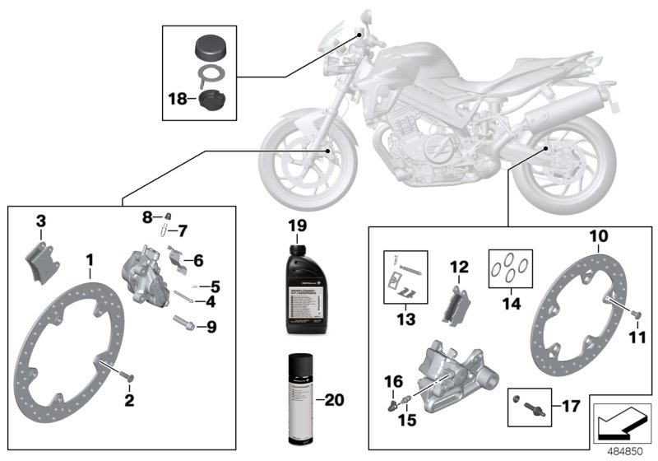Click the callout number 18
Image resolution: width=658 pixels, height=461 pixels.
click(x=177, y=99)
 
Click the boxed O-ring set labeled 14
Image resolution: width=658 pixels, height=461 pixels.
click(x=508, y=268)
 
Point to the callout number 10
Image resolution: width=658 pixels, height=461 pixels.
click(x=599, y=236)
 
